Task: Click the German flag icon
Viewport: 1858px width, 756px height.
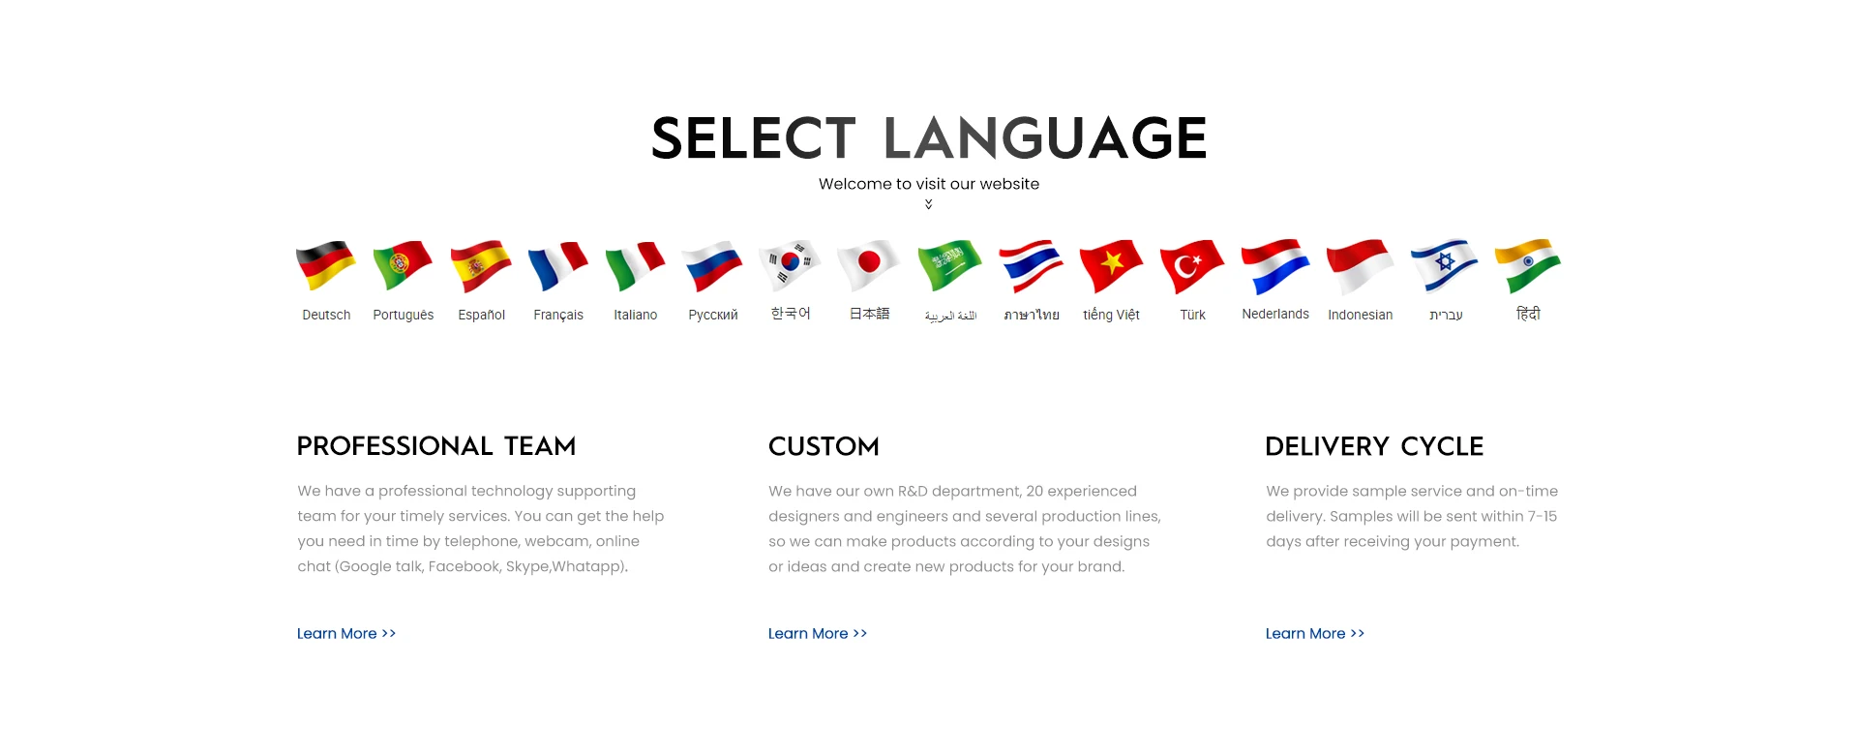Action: tap(325, 265)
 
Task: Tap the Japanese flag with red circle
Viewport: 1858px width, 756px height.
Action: tap(868, 265)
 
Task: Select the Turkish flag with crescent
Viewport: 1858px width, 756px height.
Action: tap(1191, 266)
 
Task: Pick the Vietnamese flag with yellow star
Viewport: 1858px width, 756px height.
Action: tap(1111, 266)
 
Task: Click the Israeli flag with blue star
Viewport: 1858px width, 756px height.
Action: tap(1445, 265)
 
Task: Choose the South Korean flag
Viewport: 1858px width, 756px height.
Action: tap(790, 265)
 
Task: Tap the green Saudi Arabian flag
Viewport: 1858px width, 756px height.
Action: tap(949, 266)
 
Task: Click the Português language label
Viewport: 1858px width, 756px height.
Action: tap(404, 315)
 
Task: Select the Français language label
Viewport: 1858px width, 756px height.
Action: tap(558, 315)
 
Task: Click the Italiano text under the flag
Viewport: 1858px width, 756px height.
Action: tap(635, 315)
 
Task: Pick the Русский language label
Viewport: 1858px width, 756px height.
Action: tap(713, 315)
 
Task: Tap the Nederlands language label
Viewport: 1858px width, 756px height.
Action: tap(1275, 314)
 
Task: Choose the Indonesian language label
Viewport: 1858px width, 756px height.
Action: tap(1361, 315)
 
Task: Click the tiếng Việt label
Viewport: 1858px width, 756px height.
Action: tap(1111, 315)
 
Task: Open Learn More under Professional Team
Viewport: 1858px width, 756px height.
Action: tap(346, 633)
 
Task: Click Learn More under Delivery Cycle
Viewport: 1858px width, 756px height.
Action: tap(1315, 633)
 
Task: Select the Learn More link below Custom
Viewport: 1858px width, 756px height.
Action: tap(818, 633)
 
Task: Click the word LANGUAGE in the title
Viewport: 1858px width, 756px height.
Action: tap(1045, 137)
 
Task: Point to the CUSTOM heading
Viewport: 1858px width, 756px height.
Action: tap(824, 446)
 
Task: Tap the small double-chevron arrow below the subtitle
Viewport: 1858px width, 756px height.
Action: tap(929, 204)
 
